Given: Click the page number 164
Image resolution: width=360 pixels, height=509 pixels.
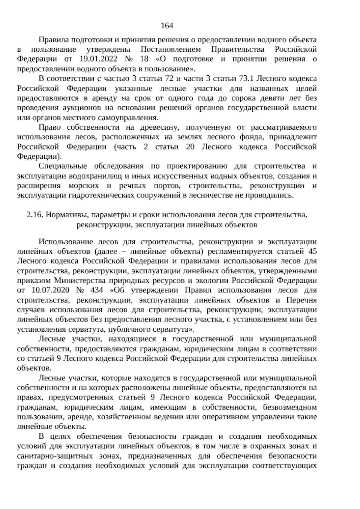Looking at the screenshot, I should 167,26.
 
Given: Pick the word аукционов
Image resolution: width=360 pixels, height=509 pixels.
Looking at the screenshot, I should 80,108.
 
